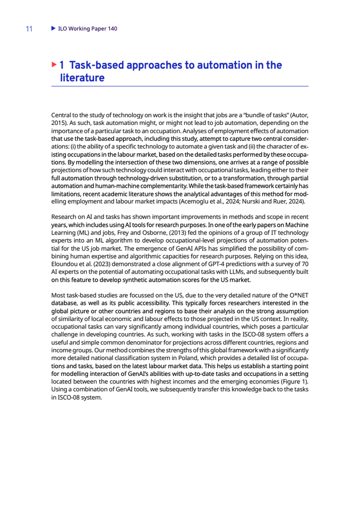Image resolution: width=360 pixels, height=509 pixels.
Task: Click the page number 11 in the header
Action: coord(29,29)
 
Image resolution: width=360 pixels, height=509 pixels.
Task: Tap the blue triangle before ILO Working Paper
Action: coord(53,28)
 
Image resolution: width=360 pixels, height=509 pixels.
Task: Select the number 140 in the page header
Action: coord(112,29)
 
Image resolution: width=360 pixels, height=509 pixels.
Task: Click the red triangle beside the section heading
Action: coord(55,65)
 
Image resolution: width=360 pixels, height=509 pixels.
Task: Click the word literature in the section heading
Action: coord(82,78)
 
